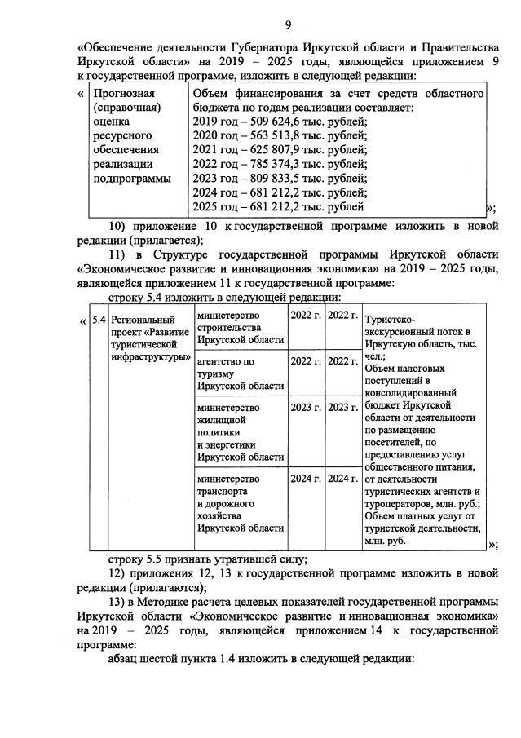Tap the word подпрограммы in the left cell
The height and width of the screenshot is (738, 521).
[x=132, y=179]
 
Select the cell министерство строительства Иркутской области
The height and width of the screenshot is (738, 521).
[x=238, y=328]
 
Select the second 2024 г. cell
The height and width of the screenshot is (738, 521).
[x=342, y=478]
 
